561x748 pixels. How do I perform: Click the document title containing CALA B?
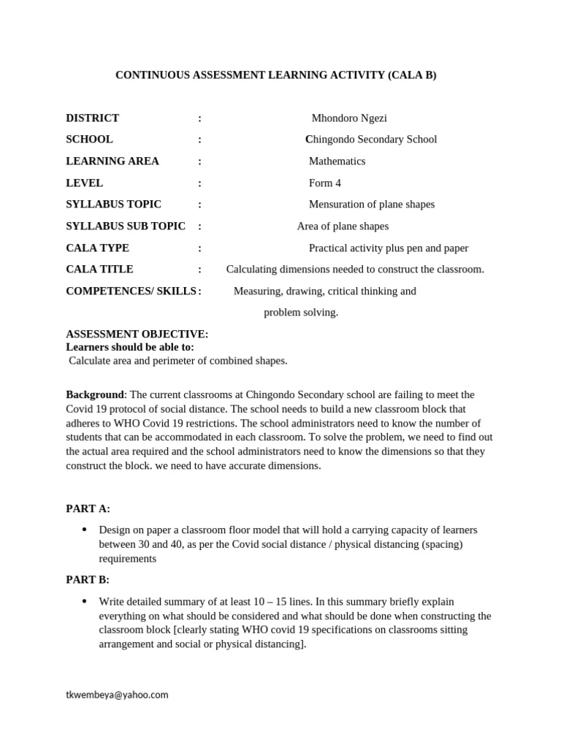pyautogui.click(x=276, y=75)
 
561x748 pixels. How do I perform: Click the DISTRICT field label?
pyautogui.click(x=92, y=118)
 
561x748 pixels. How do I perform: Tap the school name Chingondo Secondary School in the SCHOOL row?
pyautogui.click(x=371, y=140)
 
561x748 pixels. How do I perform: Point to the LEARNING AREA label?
pyautogui.click(x=112, y=161)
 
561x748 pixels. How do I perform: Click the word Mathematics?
pyautogui.click(x=337, y=161)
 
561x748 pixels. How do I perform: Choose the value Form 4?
pyautogui.click(x=324, y=183)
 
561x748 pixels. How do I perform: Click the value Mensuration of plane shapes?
pyautogui.click(x=371, y=205)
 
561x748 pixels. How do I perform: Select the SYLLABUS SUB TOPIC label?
pyautogui.click(x=125, y=226)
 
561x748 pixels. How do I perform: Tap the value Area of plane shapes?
pyautogui.click(x=343, y=226)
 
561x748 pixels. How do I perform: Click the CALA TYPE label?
pyautogui.click(x=97, y=248)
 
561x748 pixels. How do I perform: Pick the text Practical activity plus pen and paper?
pyautogui.click(x=388, y=248)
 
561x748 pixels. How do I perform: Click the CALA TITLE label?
pyautogui.click(x=99, y=270)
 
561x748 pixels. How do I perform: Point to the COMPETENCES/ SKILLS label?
pyautogui.click(x=131, y=291)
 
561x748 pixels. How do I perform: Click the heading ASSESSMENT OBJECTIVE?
pyautogui.click(x=137, y=334)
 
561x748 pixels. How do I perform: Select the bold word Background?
pyautogui.click(x=94, y=394)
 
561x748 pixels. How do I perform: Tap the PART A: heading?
pyautogui.click(x=88, y=508)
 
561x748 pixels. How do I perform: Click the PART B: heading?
pyautogui.click(x=88, y=580)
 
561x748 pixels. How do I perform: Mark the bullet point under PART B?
pyautogui.click(x=85, y=601)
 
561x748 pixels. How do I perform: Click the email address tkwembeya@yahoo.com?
pyautogui.click(x=117, y=695)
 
